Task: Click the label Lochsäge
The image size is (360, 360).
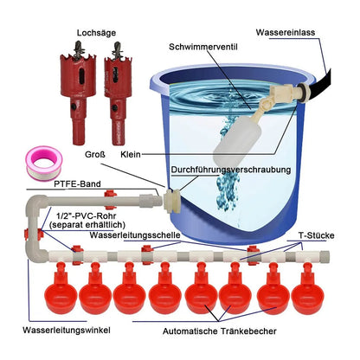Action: click(x=96, y=33)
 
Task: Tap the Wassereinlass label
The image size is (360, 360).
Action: click(x=286, y=32)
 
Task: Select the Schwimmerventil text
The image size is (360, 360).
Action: click(x=203, y=47)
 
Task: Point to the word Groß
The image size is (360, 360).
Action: click(x=95, y=155)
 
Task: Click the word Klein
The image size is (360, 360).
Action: click(x=131, y=155)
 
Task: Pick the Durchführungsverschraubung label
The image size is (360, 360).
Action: click(x=231, y=170)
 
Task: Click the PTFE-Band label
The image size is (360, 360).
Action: click(x=77, y=184)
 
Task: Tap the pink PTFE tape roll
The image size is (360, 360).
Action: click(x=44, y=163)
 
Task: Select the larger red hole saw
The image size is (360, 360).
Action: click(x=78, y=93)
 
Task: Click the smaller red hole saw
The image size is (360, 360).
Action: click(x=119, y=93)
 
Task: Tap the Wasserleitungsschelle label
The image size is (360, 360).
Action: click(x=135, y=235)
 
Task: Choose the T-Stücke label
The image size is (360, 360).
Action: click(x=317, y=235)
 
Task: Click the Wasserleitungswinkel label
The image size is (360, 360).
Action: click(x=67, y=330)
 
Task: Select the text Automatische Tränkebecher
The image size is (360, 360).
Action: click(x=220, y=331)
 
